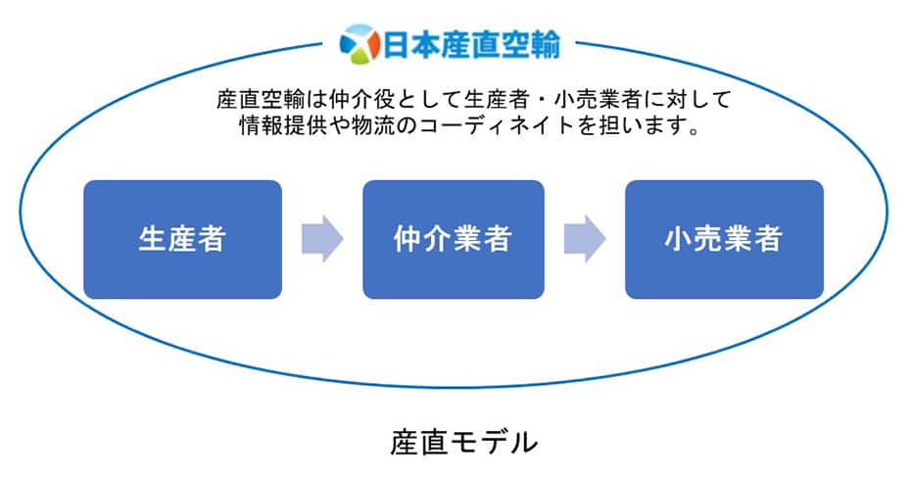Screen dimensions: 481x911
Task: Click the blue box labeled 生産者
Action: point(182,239)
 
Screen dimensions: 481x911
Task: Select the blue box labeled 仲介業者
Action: point(453,239)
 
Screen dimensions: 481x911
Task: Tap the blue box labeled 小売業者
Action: point(724,239)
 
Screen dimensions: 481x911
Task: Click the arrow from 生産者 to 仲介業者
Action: point(322,239)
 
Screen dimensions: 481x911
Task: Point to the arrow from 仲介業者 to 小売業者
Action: point(585,239)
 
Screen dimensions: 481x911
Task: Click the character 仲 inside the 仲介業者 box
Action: point(408,239)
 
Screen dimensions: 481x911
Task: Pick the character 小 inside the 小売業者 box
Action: point(680,239)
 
